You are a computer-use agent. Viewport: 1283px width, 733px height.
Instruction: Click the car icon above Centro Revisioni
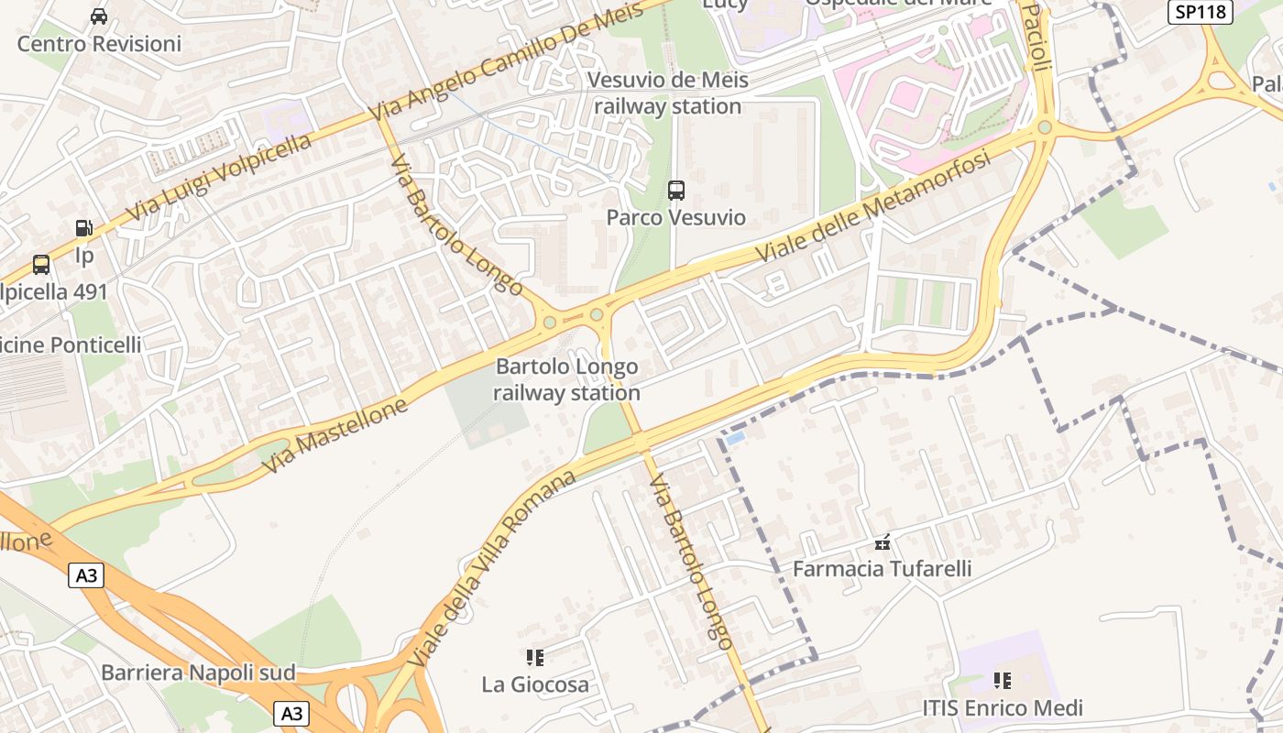(99, 16)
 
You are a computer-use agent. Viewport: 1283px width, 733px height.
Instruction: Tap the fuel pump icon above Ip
(83, 228)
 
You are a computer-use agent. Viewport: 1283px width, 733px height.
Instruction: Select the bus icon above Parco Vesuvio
(676, 191)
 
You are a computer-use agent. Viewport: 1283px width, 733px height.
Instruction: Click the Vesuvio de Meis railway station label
(667, 93)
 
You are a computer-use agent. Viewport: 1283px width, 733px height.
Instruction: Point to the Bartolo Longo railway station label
(566, 380)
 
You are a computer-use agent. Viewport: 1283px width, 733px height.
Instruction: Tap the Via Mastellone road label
(334, 435)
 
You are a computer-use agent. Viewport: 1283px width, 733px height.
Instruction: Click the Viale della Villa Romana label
(492, 569)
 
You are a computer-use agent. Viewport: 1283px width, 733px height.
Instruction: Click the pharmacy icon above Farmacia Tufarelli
(882, 542)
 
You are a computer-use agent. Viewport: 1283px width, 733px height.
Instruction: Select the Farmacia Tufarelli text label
(882, 569)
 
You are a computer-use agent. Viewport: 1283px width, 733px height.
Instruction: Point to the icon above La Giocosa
(535, 657)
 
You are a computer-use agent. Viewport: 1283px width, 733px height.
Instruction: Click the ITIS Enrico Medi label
(1003, 708)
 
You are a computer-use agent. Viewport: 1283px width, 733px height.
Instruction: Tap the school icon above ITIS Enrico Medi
(1003, 681)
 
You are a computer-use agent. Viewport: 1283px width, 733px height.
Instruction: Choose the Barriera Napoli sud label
(198, 673)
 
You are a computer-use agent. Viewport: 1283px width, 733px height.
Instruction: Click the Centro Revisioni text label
(99, 43)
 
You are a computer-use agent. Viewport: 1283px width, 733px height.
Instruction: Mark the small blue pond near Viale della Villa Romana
(735, 439)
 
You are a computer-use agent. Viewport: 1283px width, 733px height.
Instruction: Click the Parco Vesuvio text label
(676, 218)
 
